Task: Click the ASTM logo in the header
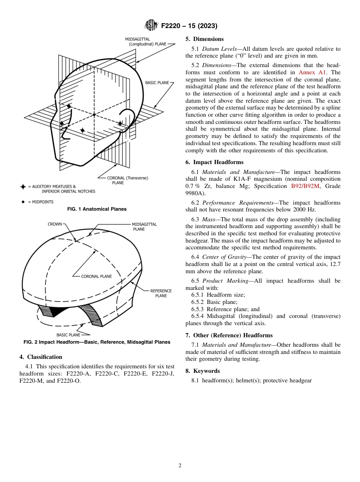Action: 151,25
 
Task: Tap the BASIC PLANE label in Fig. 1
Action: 157,83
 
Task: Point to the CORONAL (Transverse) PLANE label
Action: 127,180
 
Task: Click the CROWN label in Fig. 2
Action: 55,224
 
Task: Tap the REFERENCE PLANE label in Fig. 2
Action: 161,293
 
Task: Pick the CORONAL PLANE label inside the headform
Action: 96,277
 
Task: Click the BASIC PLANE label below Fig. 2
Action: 68,335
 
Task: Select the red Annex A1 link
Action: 312,72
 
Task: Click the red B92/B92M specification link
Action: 305,186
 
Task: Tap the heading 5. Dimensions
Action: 204,39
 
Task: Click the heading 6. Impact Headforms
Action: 214,162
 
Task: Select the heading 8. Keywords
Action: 202,371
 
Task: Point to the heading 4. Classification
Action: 41,357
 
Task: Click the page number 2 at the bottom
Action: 180,466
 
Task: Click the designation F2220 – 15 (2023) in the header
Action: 189,26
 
